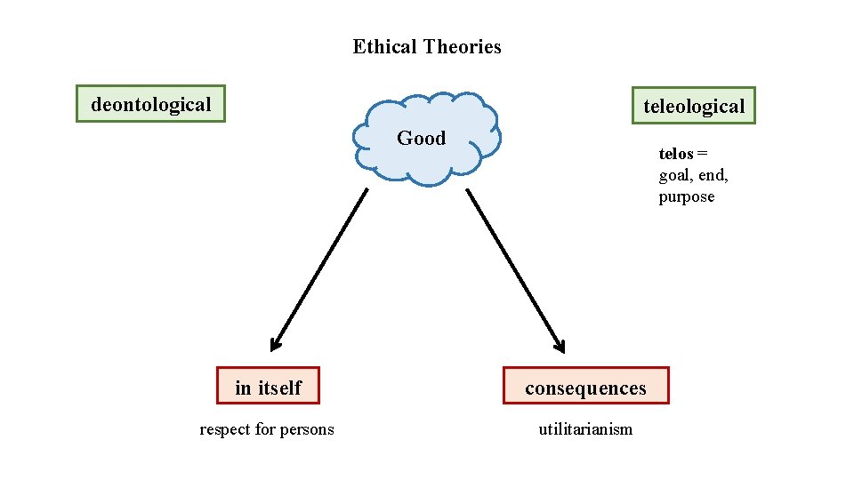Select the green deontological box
pyautogui.click(x=150, y=104)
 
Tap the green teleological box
pyautogui.click(x=693, y=106)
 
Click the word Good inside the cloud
pyautogui.click(x=421, y=138)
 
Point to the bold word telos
pyautogui.click(x=675, y=154)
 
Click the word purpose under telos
pyautogui.click(x=686, y=196)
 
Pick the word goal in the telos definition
pyautogui.click(x=675, y=175)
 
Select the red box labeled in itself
pyautogui.click(x=268, y=387)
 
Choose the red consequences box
pyautogui.click(x=585, y=387)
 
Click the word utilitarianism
pyautogui.click(x=585, y=429)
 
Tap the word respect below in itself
pyautogui.click(x=225, y=429)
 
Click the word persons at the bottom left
pyautogui.click(x=307, y=429)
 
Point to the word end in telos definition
pyautogui.click(x=712, y=175)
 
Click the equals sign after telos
pyautogui.click(x=702, y=154)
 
